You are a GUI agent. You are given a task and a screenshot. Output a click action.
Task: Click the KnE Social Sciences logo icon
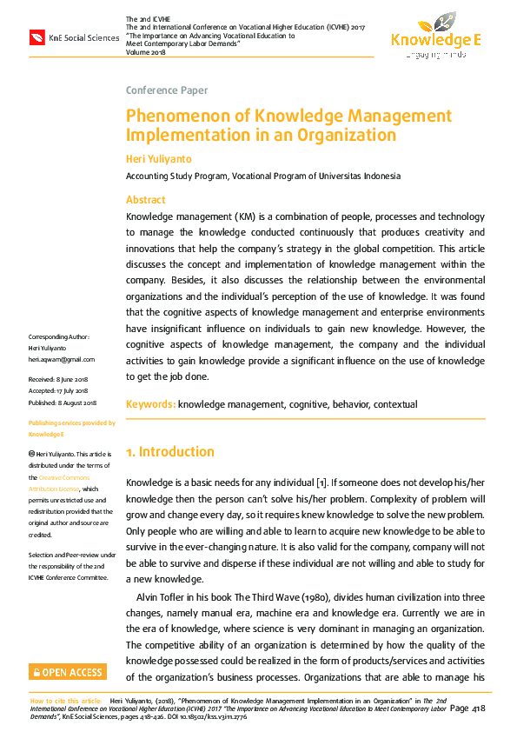coord(37,37)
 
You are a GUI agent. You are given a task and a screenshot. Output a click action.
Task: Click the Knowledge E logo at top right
coord(435,35)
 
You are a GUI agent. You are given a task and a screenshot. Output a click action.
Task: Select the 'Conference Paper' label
coord(166,90)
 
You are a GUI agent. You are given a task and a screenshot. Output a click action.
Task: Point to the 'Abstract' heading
coord(146,200)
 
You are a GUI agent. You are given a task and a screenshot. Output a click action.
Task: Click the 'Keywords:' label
coord(151,404)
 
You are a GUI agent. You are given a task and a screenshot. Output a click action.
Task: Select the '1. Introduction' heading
coord(170,452)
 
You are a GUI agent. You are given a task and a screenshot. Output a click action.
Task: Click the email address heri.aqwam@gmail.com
coord(62,359)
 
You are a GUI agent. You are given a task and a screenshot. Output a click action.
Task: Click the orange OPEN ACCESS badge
coord(68,672)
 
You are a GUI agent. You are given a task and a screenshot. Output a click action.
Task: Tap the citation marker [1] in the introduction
coord(320,482)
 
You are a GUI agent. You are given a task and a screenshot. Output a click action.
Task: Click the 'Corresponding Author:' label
coord(58,336)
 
